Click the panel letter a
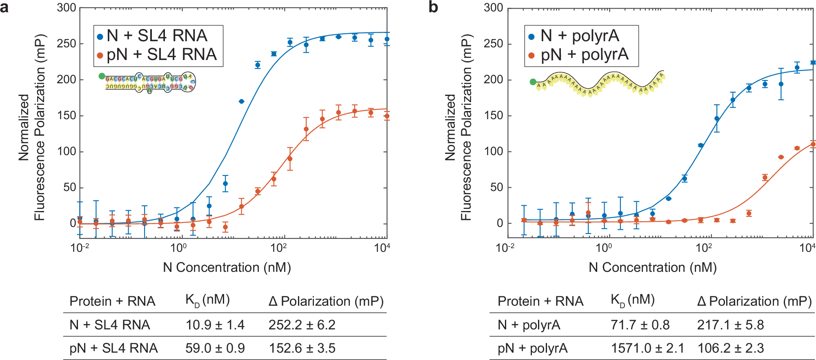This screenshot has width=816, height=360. [x=4, y=7]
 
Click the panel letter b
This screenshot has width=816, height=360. [x=433, y=7]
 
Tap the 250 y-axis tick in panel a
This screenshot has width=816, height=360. [x=66, y=44]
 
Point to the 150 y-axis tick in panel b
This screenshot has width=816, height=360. [x=493, y=116]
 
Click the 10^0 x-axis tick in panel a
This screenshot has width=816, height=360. [x=178, y=248]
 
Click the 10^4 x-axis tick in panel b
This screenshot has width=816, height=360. [x=807, y=248]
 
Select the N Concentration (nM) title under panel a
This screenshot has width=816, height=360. [x=227, y=267]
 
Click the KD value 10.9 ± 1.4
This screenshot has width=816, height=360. [x=215, y=325]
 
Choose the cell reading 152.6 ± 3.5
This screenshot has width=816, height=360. [x=302, y=348]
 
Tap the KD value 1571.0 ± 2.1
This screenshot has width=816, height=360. [x=647, y=348]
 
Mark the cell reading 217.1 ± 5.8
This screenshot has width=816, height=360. [x=730, y=325]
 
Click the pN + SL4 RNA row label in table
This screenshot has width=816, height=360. [x=113, y=348]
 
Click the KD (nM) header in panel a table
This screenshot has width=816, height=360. [x=207, y=300]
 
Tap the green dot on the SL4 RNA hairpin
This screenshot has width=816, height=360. [x=102, y=76]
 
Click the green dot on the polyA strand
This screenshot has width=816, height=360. [x=533, y=82]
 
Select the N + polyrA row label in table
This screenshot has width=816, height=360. [x=529, y=325]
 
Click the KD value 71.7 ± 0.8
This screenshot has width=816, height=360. [x=640, y=325]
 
